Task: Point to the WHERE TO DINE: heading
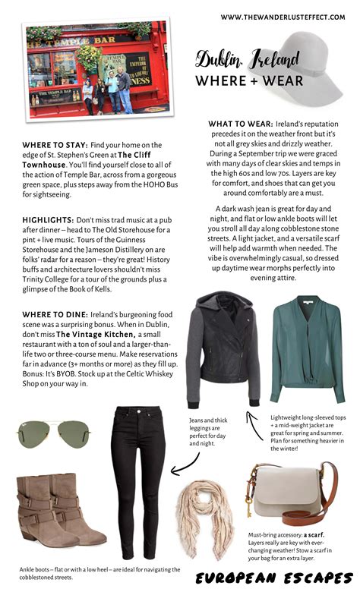pos(49,315)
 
